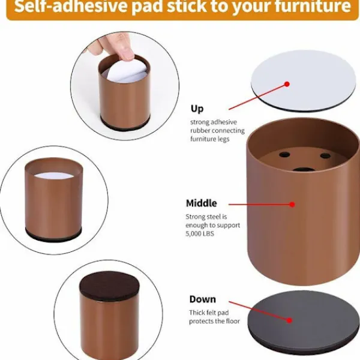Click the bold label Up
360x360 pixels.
point(197,109)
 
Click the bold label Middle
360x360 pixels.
point(202,203)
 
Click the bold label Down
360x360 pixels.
point(203,299)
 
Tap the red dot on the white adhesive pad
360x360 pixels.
point(287,84)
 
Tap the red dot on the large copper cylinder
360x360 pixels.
point(292,205)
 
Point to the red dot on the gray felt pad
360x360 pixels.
point(289,320)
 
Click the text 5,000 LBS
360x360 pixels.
point(200,234)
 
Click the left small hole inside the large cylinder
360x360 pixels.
point(284,155)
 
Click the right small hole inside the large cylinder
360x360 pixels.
point(325,156)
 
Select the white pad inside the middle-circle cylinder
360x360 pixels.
point(54,176)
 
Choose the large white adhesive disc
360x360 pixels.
point(303,80)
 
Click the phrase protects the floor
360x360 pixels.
point(214,321)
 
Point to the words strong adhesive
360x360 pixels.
point(214,122)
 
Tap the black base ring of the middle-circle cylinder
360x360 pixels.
point(53,235)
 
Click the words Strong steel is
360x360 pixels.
point(206,217)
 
